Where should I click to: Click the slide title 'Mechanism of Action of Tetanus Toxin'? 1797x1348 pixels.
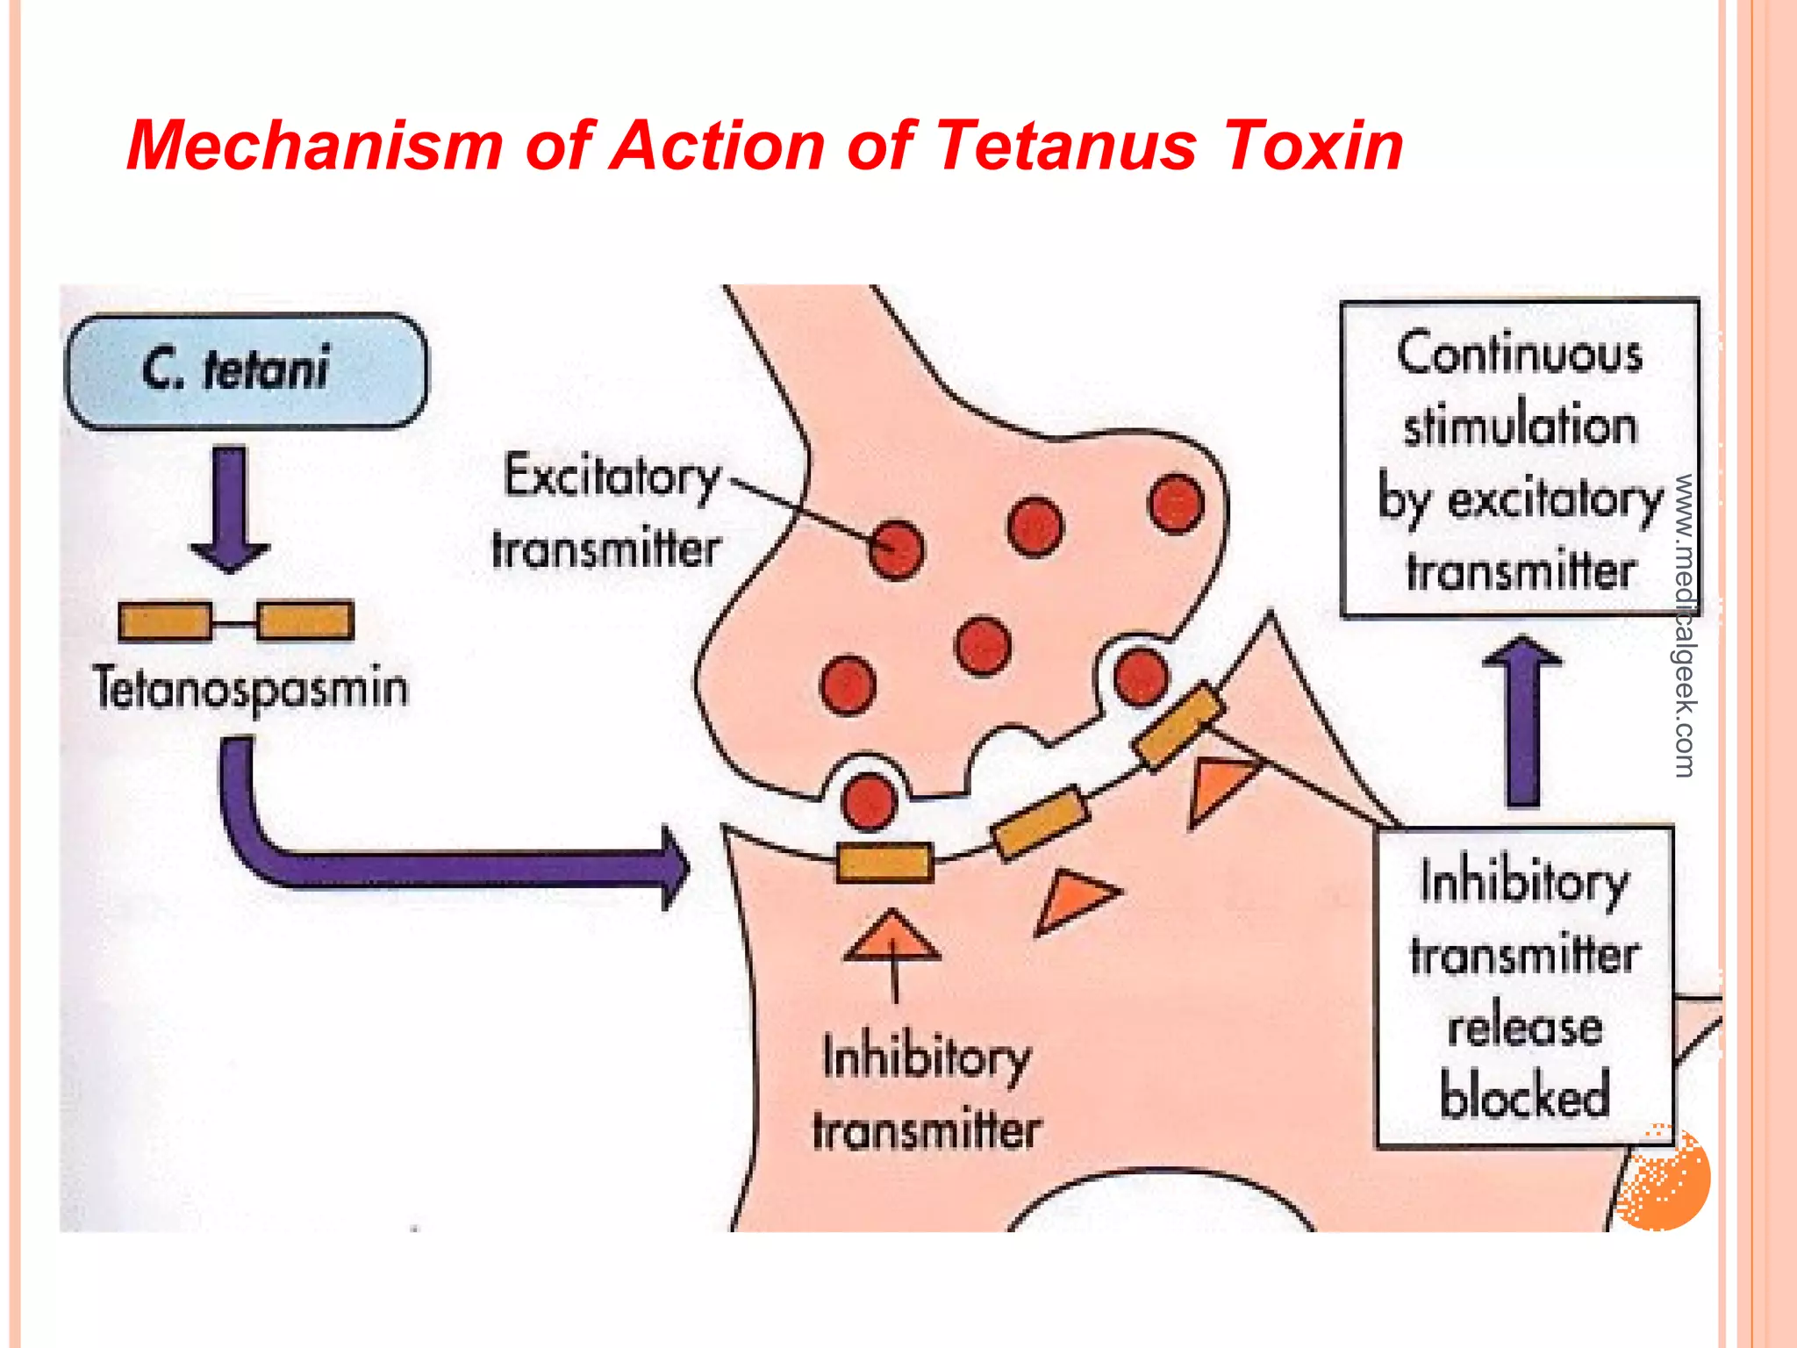coord(763,145)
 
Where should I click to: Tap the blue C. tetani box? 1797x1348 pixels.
coord(247,370)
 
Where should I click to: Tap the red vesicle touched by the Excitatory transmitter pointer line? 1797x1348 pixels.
coord(896,549)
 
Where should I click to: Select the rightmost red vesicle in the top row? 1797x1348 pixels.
coord(1175,504)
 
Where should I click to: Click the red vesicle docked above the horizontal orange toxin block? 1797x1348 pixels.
coord(869,800)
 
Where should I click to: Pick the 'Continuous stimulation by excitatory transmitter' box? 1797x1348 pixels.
coord(1520,458)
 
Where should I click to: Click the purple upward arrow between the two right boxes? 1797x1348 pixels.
coord(1522,720)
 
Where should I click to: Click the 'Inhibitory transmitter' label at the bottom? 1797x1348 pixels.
coord(927,1093)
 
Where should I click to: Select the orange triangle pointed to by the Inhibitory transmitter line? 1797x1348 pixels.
coord(892,937)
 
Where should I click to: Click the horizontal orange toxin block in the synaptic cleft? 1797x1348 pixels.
coord(884,862)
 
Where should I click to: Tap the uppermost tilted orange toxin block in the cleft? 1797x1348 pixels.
coord(1178,726)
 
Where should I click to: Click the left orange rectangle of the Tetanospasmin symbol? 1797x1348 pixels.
coord(165,621)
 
